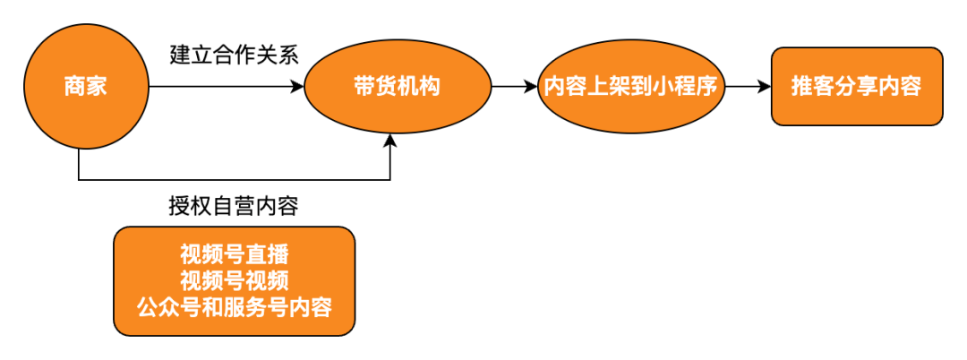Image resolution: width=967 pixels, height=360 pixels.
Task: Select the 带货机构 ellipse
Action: click(397, 87)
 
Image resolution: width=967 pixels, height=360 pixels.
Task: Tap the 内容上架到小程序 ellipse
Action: click(631, 87)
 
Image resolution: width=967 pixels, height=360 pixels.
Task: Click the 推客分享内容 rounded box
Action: click(856, 87)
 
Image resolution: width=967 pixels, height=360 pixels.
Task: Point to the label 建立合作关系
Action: click(235, 54)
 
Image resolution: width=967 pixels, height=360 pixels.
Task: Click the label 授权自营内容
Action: click(234, 205)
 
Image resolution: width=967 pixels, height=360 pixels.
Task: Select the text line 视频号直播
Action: click(234, 253)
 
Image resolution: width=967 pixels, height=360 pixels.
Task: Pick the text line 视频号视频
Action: click(234, 280)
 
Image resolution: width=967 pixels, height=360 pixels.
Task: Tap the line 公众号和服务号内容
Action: click(234, 307)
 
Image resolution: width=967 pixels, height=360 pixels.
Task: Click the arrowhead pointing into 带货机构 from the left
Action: click(298, 87)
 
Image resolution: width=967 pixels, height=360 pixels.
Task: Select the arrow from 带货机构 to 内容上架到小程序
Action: click(514, 87)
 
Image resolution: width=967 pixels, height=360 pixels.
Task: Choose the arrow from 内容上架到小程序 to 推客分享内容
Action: click(748, 87)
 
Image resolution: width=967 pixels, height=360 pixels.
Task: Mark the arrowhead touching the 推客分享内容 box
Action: click(765, 87)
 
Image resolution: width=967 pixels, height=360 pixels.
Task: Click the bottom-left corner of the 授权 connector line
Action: click(80, 179)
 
